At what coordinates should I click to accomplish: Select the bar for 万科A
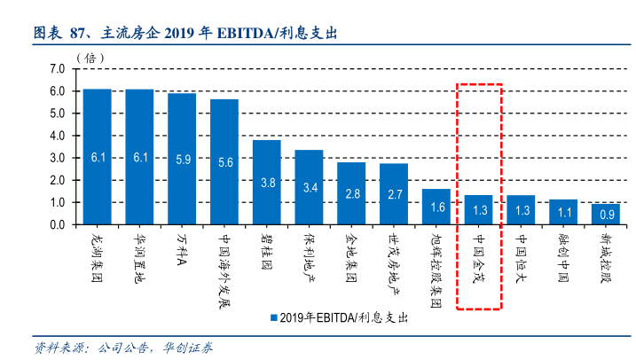coord(182,159)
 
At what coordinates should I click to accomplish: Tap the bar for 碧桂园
coord(266,182)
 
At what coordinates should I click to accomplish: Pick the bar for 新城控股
coord(606,214)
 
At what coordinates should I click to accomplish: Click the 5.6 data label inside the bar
coord(224,162)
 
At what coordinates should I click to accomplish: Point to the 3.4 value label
coord(309,187)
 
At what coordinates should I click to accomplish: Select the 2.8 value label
coord(351,193)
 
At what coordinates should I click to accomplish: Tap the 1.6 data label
coord(436,207)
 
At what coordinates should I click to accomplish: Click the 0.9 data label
coord(606,214)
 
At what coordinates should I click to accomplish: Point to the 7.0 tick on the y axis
coord(58,69)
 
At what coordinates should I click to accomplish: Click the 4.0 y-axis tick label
coord(58,136)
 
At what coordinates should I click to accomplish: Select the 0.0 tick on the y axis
coord(58,225)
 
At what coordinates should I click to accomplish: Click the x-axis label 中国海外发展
coord(224,270)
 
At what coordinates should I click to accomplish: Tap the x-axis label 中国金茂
coord(478,258)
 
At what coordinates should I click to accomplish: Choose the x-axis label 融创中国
coord(563,258)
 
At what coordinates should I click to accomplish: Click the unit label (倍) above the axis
coord(90,57)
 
